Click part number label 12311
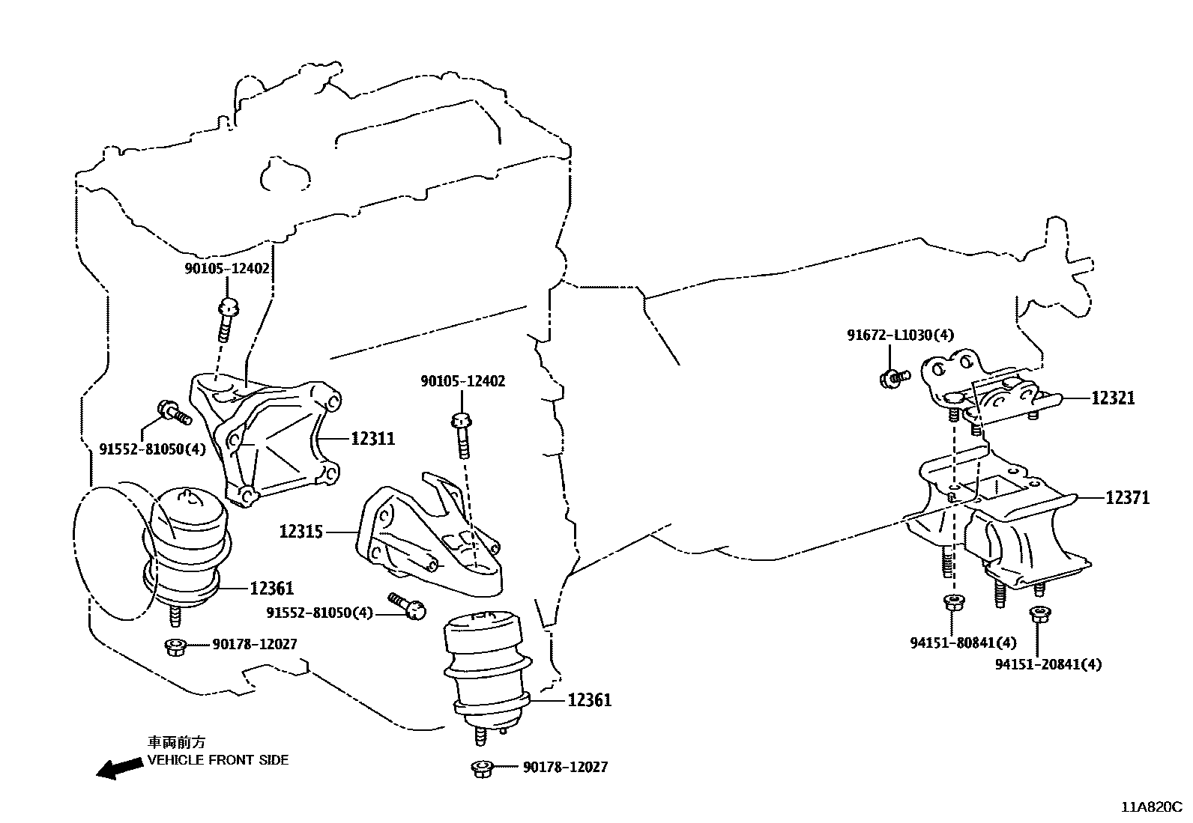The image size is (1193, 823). click(372, 438)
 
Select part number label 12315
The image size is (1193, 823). click(301, 532)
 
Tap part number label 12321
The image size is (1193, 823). click(1112, 398)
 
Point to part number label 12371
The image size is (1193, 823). click(1127, 497)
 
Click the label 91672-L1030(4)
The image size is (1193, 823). click(901, 335)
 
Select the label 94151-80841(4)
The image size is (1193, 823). click(963, 643)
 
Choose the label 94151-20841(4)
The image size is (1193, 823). click(1048, 663)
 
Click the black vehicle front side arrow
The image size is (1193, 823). click(120, 768)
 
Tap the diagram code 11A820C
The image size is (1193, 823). click(1151, 807)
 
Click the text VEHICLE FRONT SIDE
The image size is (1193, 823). click(217, 759)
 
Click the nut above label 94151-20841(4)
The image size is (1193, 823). click(1038, 614)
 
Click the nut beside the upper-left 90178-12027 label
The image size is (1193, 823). click(175, 645)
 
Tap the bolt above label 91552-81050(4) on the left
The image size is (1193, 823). click(172, 411)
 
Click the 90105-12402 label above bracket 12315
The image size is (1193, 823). click(463, 381)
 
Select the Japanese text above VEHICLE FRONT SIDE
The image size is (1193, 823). click(175, 742)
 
